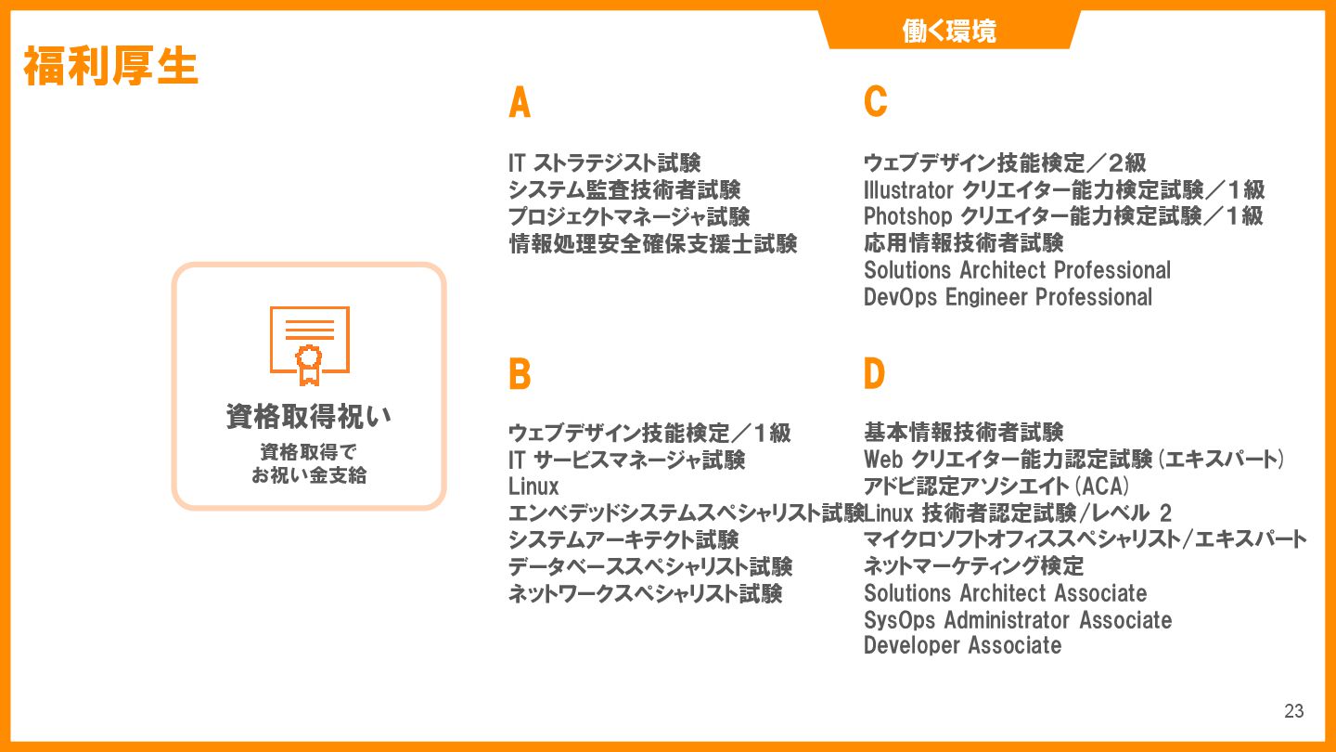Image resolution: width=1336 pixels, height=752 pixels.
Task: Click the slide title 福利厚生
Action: [111, 67]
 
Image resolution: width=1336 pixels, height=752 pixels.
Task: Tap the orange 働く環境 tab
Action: [949, 32]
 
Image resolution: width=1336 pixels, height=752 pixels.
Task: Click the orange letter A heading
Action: [520, 103]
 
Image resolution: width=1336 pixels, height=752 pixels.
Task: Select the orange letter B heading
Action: [520, 375]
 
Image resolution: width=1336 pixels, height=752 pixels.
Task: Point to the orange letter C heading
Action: [875, 102]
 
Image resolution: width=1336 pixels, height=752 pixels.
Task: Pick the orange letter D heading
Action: [874, 374]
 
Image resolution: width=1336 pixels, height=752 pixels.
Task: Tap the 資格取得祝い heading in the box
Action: [309, 417]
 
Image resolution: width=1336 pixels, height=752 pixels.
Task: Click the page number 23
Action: [1293, 712]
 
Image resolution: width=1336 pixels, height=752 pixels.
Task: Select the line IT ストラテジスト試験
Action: [604, 163]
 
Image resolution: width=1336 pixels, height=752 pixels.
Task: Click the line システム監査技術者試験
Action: [624, 190]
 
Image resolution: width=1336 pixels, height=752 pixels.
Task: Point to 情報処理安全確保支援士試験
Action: [652, 244]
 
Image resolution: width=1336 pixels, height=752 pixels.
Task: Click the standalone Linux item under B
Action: [533, 486]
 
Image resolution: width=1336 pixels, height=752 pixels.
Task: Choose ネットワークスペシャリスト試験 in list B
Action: [645, 593]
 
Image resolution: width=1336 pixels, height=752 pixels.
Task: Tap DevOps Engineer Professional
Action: [1008, 297]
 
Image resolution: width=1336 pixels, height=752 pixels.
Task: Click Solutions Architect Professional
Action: [1017, 270]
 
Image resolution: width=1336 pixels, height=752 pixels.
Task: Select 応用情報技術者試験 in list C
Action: [963, 243]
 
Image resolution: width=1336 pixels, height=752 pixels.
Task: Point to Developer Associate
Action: [962, 645]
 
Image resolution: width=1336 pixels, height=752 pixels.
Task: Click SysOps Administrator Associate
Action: [1017, 619]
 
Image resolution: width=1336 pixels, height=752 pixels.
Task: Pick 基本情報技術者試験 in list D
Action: [963, 433]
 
